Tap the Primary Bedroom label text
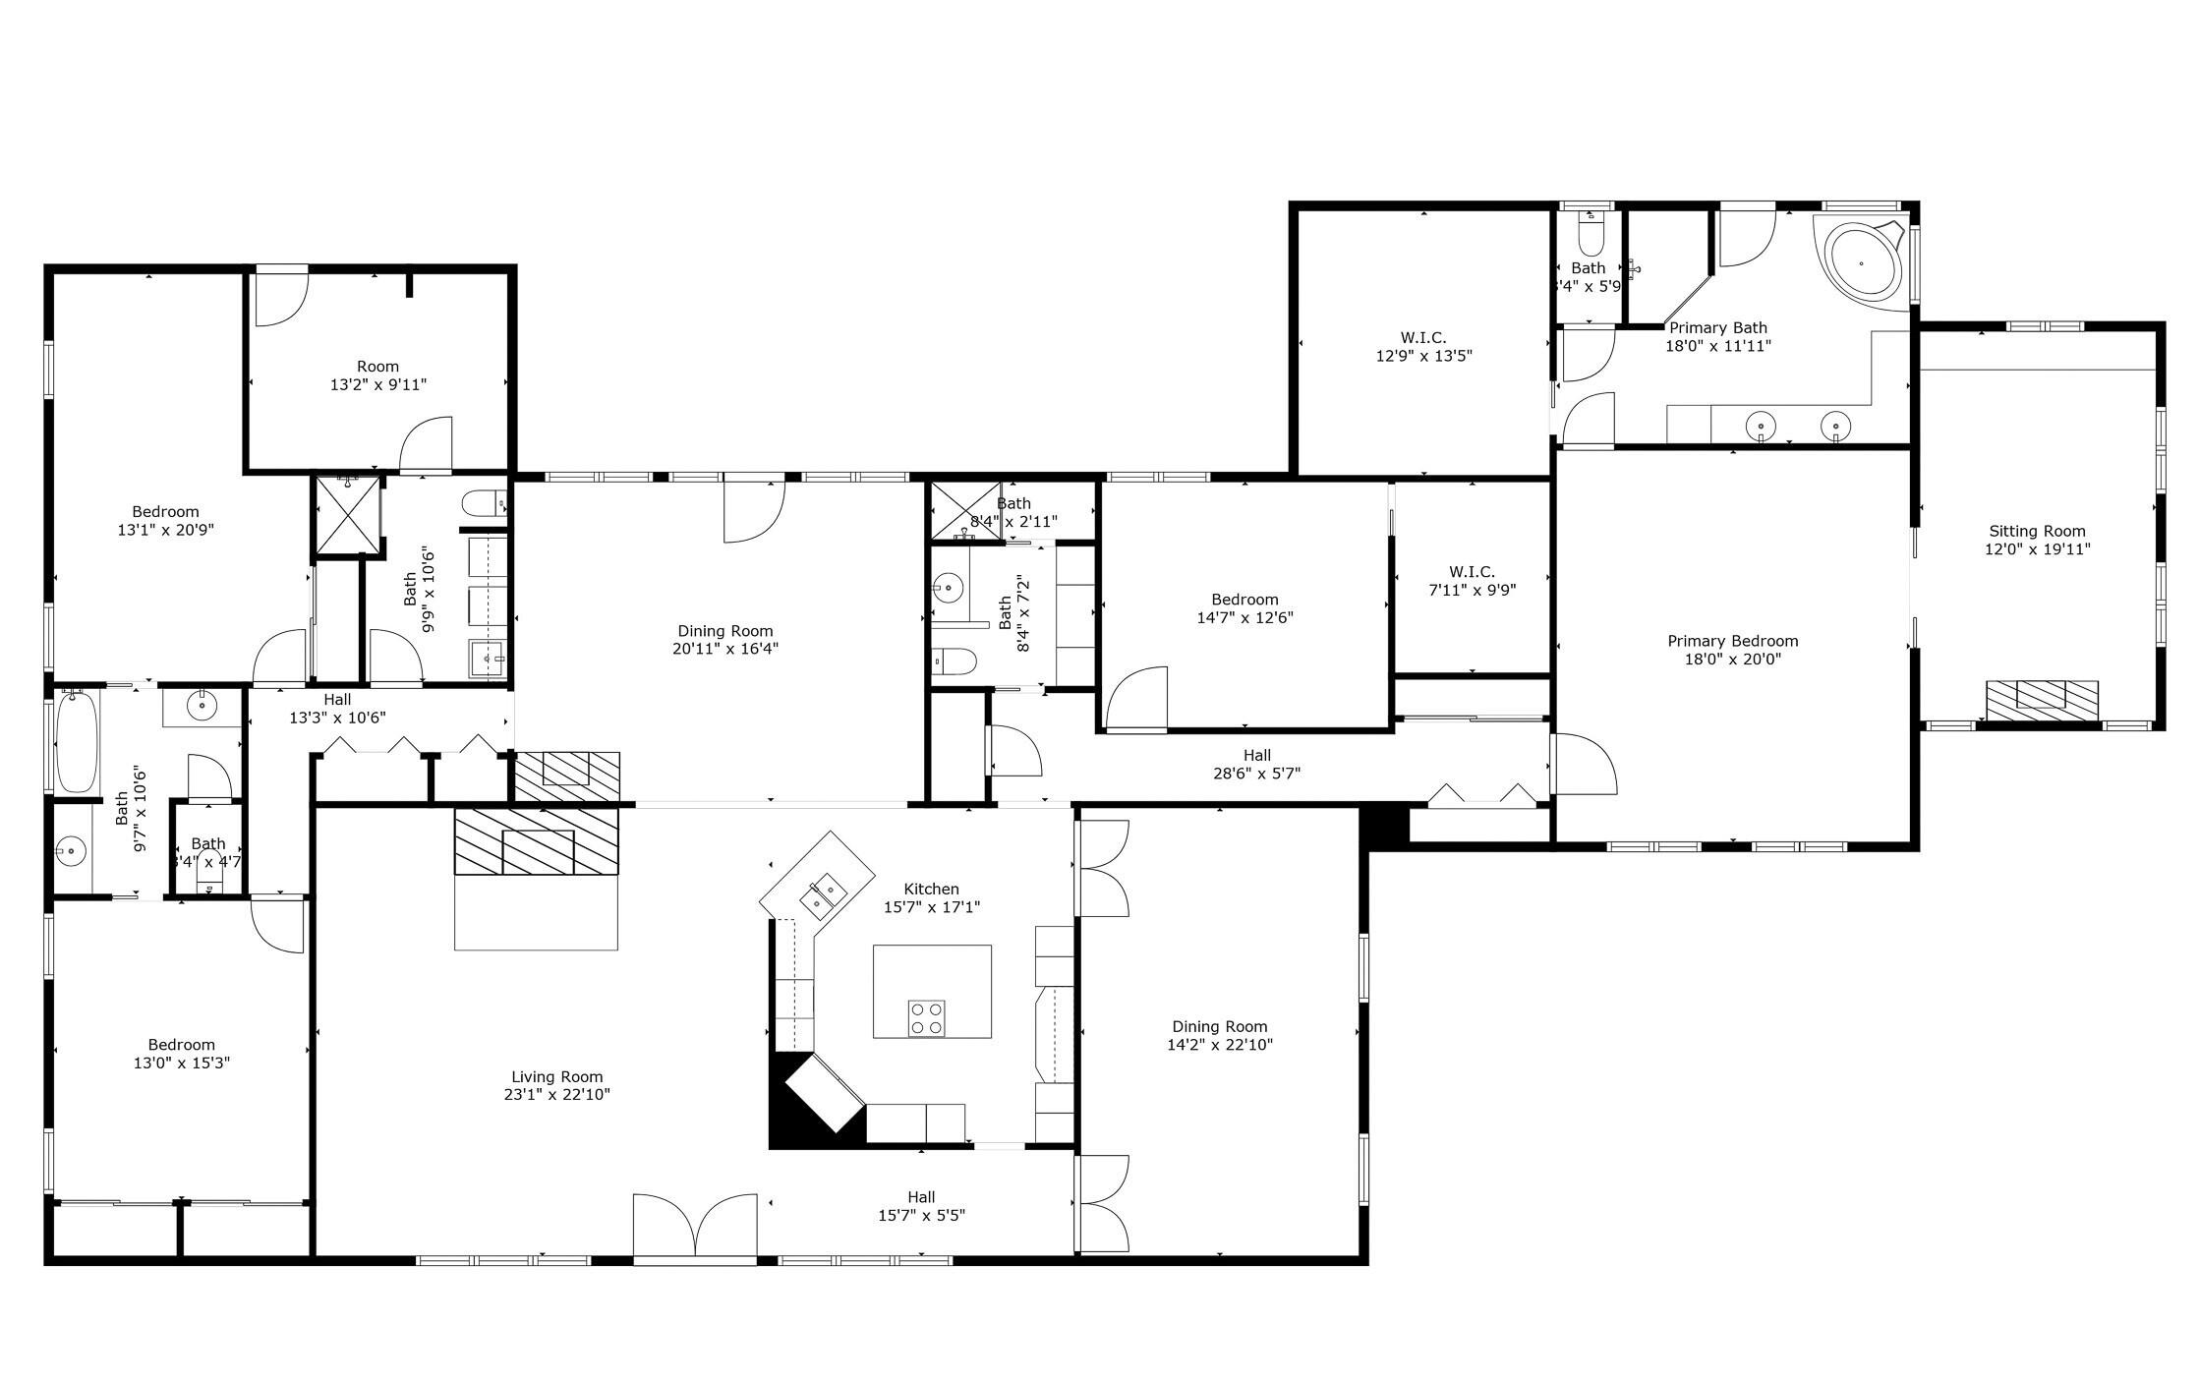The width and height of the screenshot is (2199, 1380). (x=1732, y=641)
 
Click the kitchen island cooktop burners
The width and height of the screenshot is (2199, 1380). (x=926, y=1017)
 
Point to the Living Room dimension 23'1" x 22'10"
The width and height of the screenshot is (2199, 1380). (x=556, y=1094)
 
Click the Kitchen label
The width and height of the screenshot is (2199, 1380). (x=931, y=890)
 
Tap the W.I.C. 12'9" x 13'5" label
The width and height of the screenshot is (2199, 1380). (x=1423, y=347)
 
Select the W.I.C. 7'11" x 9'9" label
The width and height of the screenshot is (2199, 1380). (x=1472, y=581)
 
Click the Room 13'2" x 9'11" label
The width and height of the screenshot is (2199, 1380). (x=377, y=375)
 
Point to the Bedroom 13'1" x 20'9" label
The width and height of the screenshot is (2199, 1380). (x=165, y=520)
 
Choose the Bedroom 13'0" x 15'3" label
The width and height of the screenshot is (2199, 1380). (x=181, y=1053)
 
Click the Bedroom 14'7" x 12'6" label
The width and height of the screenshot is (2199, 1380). (x=1244, y=608)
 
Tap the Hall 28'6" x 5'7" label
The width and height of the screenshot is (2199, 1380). (x=1256, y=764)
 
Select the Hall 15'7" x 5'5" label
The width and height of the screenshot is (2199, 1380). (x=921, y=1205)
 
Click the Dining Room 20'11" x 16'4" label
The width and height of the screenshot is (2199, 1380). (x=724, y=639)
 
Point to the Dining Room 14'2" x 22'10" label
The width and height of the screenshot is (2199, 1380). (x=1219, y=1035)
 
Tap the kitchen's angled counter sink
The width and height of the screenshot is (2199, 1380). (x=823, y=894)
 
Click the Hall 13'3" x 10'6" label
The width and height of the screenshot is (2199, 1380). (x=336, y=709)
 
